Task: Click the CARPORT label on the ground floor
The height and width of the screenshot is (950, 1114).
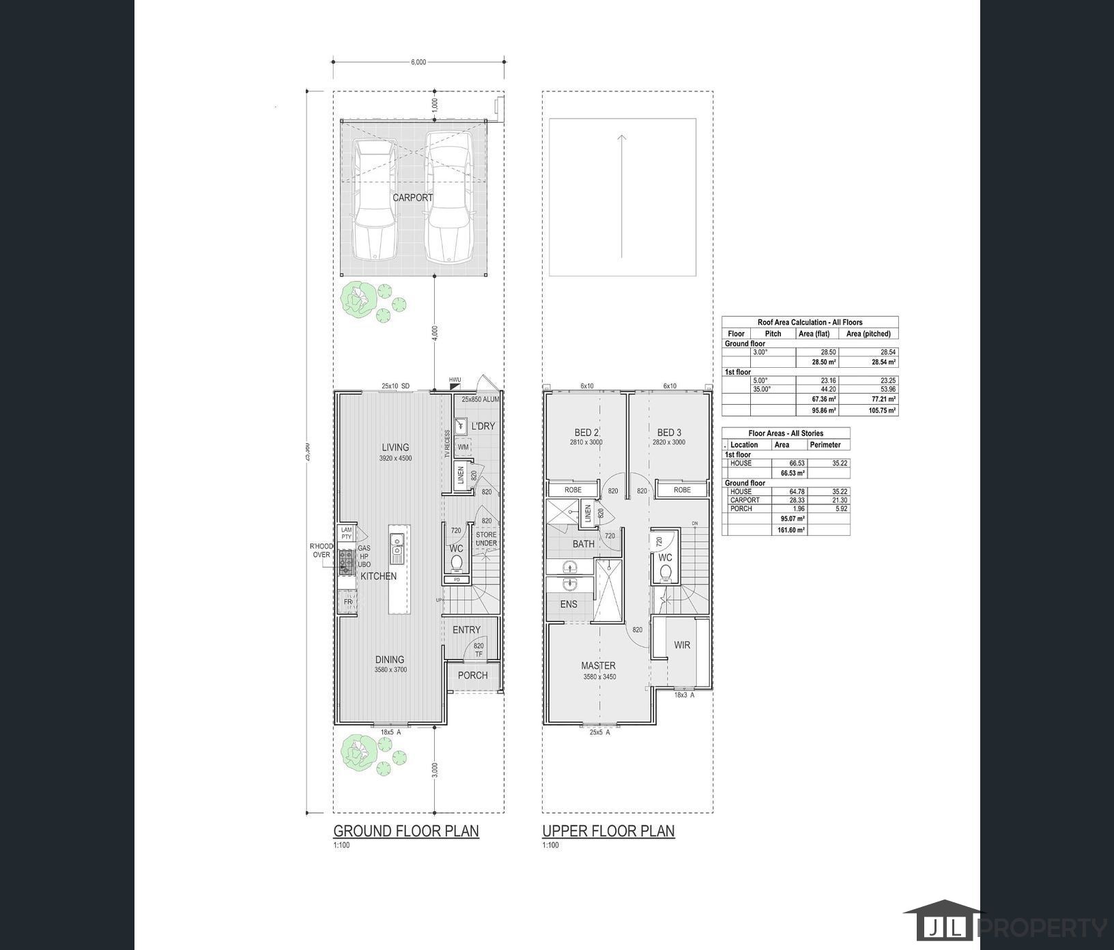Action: (412, 197)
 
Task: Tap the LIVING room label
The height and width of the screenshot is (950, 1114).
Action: (395, 448)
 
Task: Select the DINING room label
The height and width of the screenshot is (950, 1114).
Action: (389, 659)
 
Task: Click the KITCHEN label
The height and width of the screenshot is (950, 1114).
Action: (378, 576)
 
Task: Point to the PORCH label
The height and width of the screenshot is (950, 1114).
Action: (472, 675)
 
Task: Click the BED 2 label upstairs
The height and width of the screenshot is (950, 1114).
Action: (586, 432)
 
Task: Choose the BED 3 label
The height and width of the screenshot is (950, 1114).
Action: (669, 432)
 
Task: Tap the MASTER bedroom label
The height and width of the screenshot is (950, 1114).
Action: (598, 665)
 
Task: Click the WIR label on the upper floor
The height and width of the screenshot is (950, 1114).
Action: (682, 644)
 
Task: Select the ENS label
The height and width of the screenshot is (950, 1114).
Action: (568, 604)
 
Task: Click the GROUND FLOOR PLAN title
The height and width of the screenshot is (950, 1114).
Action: (406, 831)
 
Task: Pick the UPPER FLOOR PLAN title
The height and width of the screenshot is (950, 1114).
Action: (608, 831)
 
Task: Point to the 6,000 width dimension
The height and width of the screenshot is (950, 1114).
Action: (418, 62)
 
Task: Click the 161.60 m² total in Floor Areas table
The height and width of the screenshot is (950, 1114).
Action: (792, 530)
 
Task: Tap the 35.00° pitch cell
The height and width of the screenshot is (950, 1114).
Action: (762, 389)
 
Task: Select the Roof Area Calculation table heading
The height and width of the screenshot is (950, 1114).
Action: (810, 322)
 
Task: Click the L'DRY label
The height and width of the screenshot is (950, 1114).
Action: (483, 426)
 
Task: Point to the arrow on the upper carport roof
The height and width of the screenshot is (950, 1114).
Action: (622, 197)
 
